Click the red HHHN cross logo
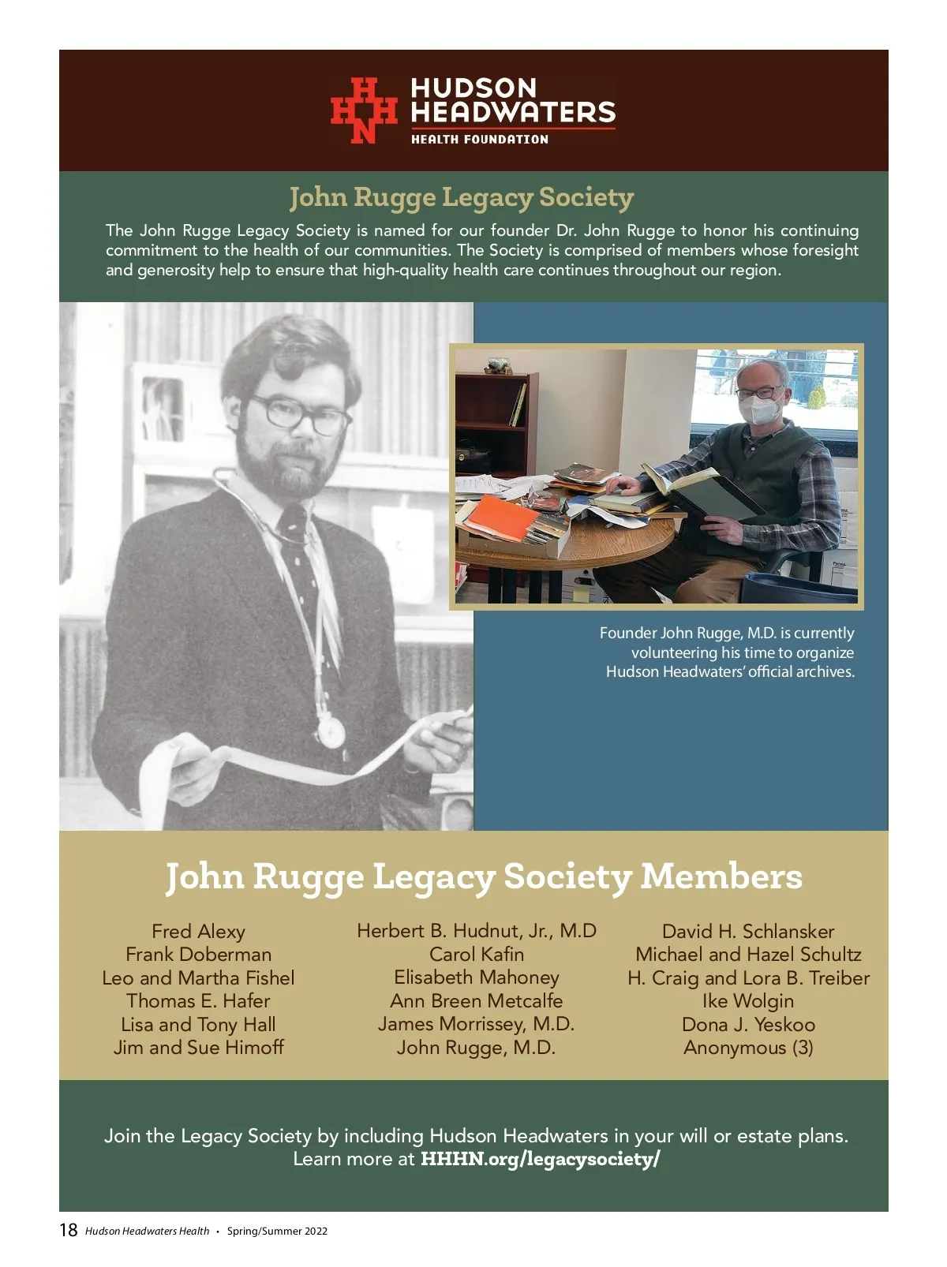coord(362,110)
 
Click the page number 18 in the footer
coord(69,1230)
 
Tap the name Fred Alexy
coord(198,932)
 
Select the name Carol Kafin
coord(476,954)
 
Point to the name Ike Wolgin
coord(748,1001)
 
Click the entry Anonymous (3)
coord(748,1048)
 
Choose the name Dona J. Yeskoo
coord(748,1024)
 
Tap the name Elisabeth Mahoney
coord(476,977)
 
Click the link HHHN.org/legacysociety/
coord(540,1159)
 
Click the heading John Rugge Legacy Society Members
coord(483,876)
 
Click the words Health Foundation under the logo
coord(479,140)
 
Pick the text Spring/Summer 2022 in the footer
coord(277,1231)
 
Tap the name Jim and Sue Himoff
coord(198,1048)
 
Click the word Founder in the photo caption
coord(627,633)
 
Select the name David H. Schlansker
coord(748,932)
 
